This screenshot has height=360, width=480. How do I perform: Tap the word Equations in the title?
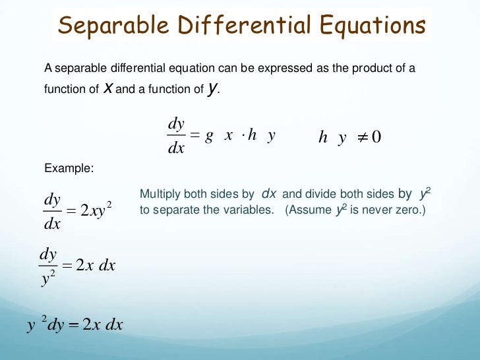click(x=373, y=26)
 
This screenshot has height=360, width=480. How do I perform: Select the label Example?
click(x=69, y=169)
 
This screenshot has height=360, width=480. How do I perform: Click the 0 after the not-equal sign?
click(x=376, y=136)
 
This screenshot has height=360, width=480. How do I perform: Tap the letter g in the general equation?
click(x=209, y=135)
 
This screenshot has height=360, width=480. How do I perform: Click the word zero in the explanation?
click(x=407, y=211)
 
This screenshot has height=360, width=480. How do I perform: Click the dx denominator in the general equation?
click(x=176, y=148)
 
